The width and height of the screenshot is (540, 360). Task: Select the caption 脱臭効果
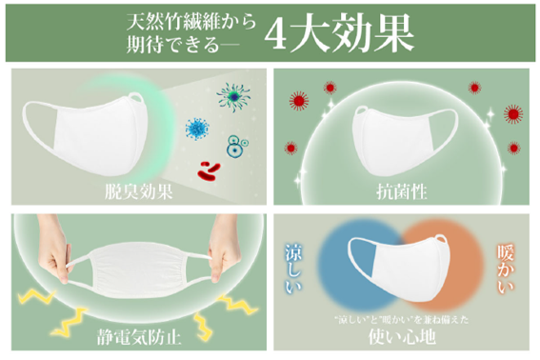point(136,190)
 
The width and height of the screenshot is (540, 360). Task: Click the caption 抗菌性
point(404,190)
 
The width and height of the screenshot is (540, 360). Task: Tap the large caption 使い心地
point(403,335)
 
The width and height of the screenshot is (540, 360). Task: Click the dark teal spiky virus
point(230,94)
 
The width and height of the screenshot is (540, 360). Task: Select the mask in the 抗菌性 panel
point(400,126)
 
